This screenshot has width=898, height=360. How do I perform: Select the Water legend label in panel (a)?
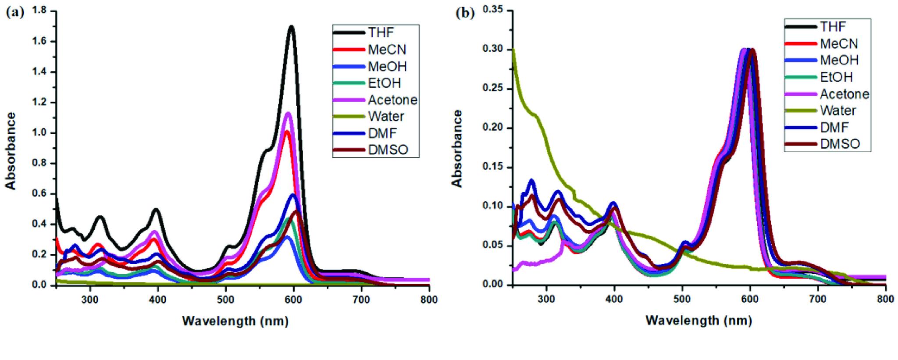(386, 116)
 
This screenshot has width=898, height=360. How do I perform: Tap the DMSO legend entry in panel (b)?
(840, 143)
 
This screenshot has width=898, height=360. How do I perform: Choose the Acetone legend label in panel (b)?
(844, 94)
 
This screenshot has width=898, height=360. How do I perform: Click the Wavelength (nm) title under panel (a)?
(235, 321)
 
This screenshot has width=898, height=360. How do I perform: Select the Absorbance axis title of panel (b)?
(457, 148)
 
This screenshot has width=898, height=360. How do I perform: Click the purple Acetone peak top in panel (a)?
(288, 114)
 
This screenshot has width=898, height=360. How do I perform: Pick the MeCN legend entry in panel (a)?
(387, 49)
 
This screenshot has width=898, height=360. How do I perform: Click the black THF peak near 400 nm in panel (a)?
(156, 210)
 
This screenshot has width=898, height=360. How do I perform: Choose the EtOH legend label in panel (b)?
(836, 77)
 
